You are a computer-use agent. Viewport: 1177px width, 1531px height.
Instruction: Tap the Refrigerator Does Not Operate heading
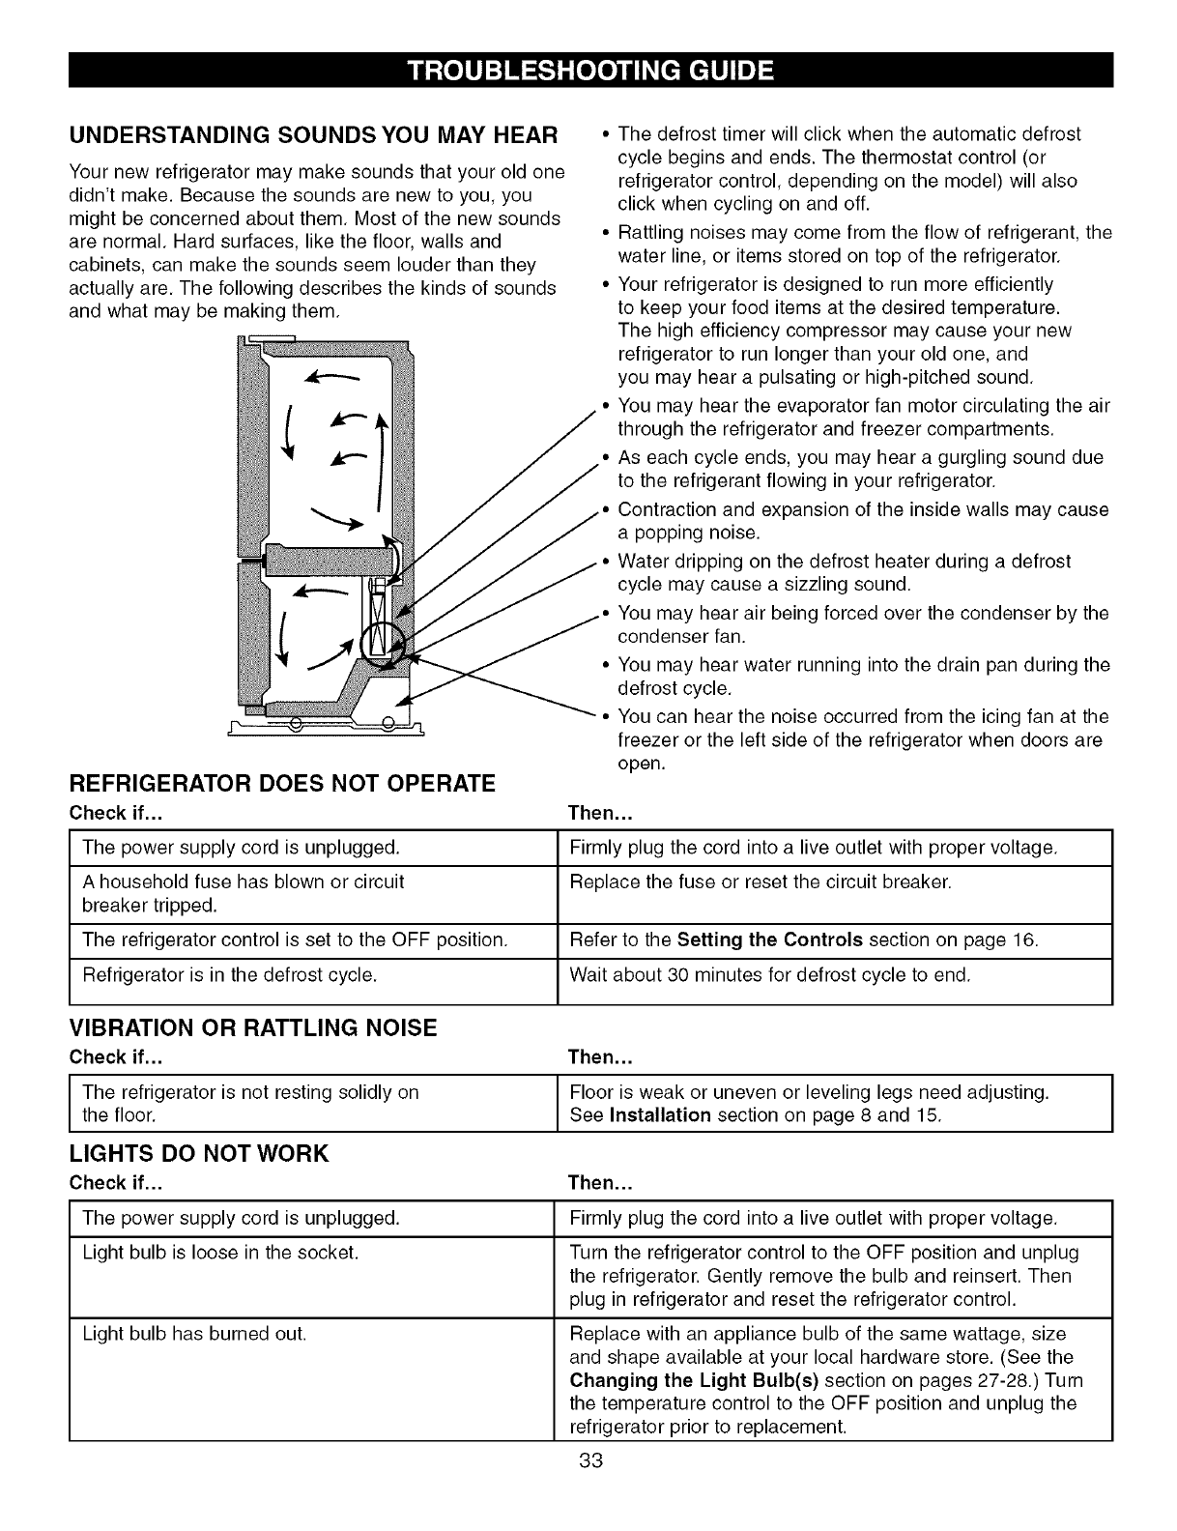coord(282,783)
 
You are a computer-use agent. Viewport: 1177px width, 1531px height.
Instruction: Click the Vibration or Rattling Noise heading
coord(253,1027)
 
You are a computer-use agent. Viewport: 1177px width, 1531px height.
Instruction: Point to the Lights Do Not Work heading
coord(199,1153)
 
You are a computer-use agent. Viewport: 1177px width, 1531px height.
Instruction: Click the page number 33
coord(590,1488)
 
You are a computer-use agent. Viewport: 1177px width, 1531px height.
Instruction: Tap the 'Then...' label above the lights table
coord(600,1183)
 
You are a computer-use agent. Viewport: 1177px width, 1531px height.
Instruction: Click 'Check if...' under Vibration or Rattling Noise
coord(115,1056)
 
